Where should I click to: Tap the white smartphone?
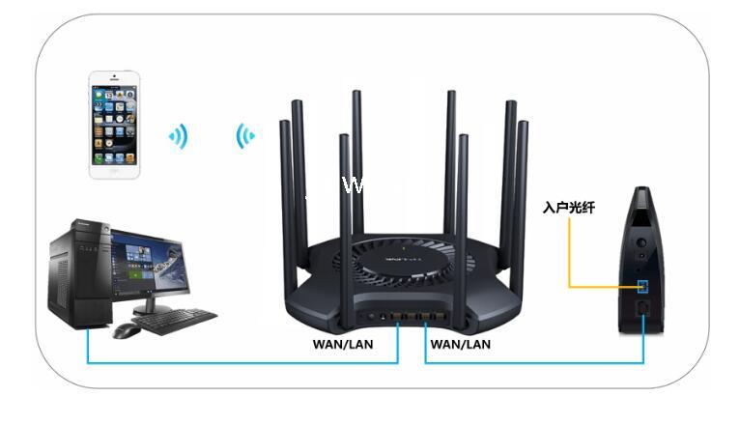(114, 123)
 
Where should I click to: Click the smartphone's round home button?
(114, 170)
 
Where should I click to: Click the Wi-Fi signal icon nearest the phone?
(179, 137)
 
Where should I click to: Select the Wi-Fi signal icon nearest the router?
(245, 136)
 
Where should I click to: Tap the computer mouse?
(127, 330)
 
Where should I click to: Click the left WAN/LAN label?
(342, 343)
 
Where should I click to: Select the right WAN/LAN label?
(460, 343)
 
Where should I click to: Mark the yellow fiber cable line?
(570, 261)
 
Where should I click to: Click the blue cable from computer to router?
(242, 363)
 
